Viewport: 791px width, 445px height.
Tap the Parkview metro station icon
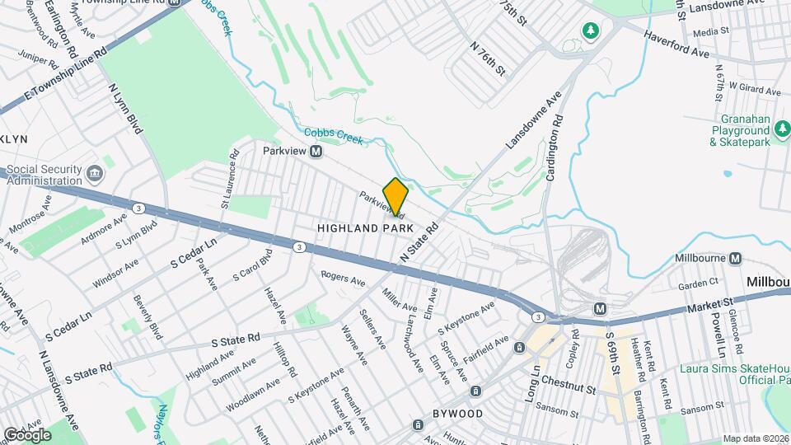[316, 152]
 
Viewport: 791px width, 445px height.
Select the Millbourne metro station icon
[735, 259]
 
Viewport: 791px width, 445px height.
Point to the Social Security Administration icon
[94, 174]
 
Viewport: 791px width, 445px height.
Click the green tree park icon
[590, 31]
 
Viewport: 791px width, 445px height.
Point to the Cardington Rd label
[555, 147]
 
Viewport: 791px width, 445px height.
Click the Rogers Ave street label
[343, 280]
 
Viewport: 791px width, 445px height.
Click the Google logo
[27, 434]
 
